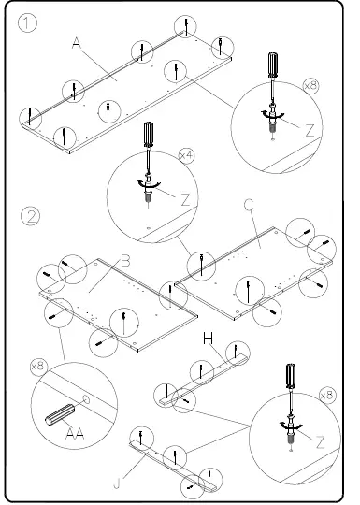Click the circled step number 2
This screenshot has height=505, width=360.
coord(30,217)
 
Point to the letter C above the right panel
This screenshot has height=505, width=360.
coord(249,205)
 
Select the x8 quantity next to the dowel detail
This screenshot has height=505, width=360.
coord(37,366)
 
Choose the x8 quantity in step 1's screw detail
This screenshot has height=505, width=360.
coord(310,85)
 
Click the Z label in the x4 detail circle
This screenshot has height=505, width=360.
coord(185,198)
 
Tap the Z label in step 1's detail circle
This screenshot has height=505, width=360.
coord(310,131)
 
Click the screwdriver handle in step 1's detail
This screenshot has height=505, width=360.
coord(272,65)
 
